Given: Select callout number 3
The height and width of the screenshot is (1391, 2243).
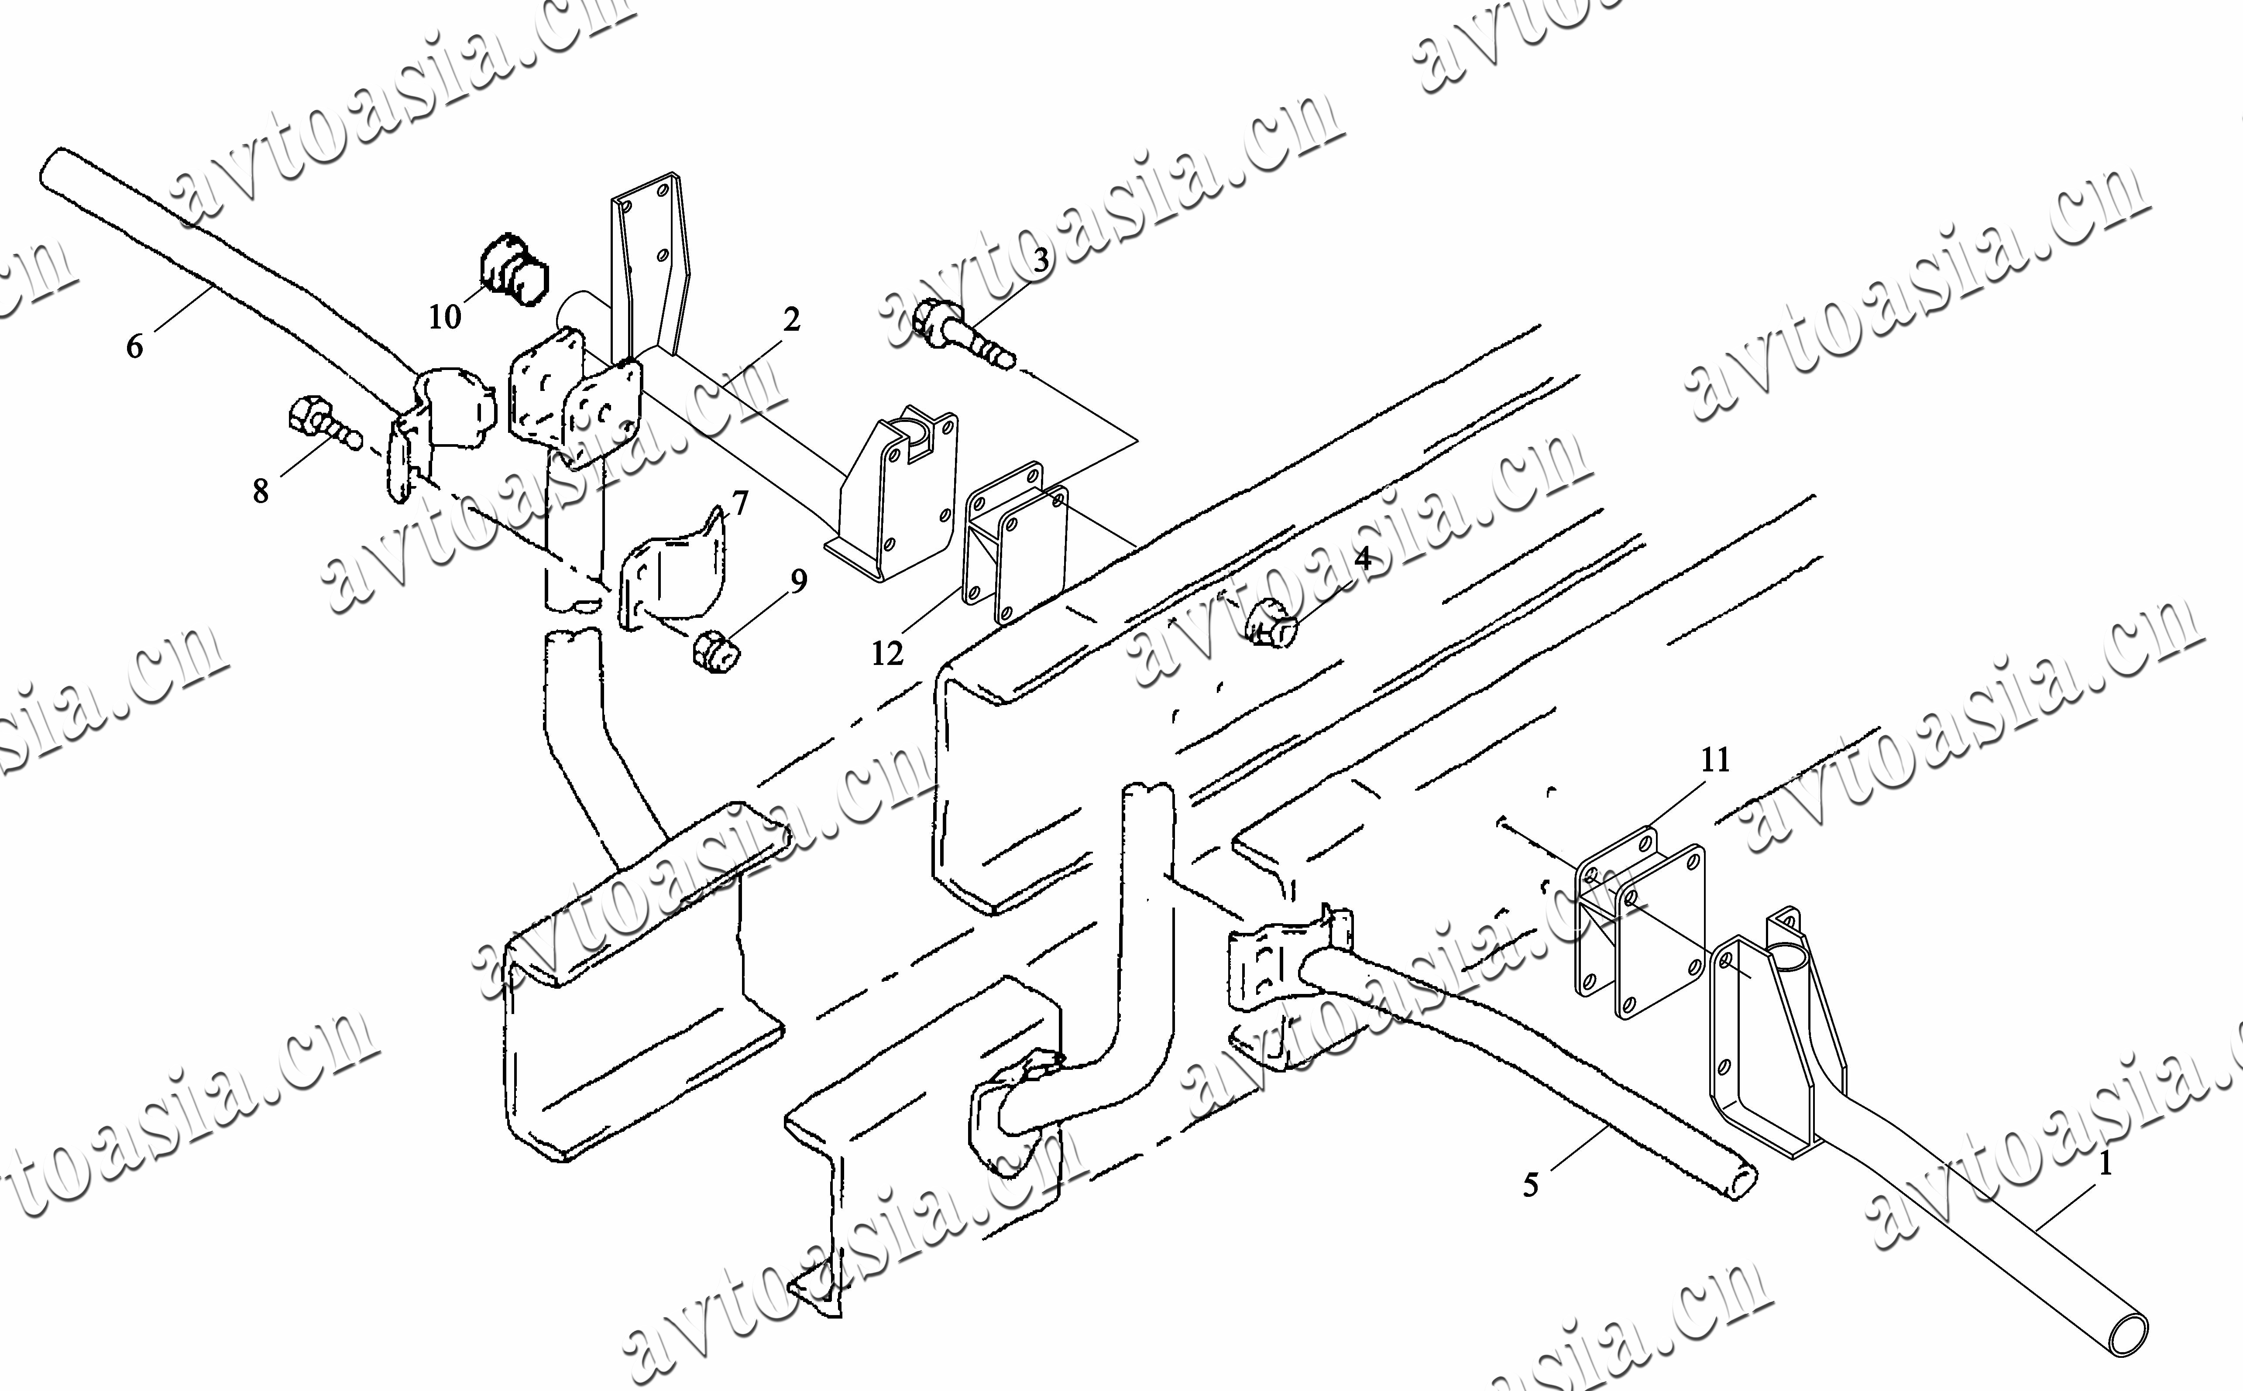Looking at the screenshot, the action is tap(1041, 260).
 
